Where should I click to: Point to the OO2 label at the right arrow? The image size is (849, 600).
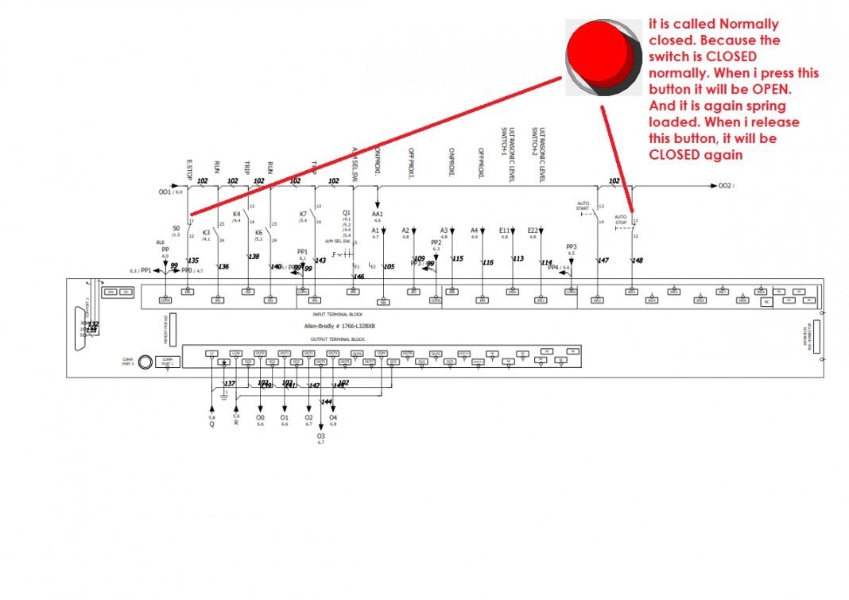tap(725, 186)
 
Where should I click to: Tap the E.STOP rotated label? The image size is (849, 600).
tap(189, 167)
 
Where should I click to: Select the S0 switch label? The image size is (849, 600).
tap(176, 228)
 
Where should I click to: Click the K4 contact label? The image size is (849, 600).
tap(236, 214)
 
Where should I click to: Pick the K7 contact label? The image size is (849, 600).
tap(303, 214)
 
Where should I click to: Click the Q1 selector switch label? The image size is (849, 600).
tap(346, 213)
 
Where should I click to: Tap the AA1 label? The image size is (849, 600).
tap(377, 214)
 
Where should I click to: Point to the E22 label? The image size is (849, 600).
tap(533, 230)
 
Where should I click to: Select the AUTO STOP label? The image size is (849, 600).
tap(621, 219)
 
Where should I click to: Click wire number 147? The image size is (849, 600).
tap(603, 261)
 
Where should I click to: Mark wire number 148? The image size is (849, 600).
tap(638, 261)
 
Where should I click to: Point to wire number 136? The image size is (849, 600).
tap(223, 267)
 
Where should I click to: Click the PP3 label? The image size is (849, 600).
tap(571, 246)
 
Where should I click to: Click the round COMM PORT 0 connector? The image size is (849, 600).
tap(145, 362)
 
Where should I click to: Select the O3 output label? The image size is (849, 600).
tap(321, 435)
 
